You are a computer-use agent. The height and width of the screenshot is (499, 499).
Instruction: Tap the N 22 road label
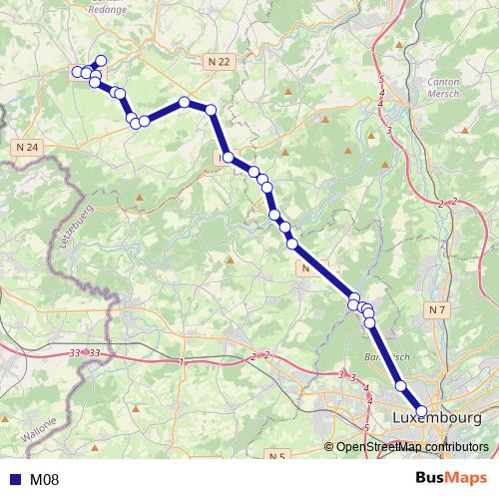click(221, 62)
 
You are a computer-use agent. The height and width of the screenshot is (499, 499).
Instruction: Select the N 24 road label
click(28, 148)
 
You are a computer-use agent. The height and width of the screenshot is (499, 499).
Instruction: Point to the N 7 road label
click(436, 311)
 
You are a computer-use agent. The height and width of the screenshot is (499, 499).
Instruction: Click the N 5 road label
click(278, 456)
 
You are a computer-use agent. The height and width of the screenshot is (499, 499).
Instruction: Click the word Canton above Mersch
click(442, 83)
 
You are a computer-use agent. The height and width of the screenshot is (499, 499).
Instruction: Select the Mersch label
click(442, 98)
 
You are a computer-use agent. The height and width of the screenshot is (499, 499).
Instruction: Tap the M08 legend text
click(44, 480)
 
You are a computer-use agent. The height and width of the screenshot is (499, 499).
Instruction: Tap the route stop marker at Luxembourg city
click(421, 410)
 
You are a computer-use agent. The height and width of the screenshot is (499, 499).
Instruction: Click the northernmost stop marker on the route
click(101, 61)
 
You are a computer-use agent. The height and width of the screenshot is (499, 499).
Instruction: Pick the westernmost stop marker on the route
click(77, 71)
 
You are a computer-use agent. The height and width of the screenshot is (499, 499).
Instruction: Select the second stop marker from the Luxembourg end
click(401, 385)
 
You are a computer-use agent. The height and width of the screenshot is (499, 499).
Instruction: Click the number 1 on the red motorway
click(184, 361)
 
